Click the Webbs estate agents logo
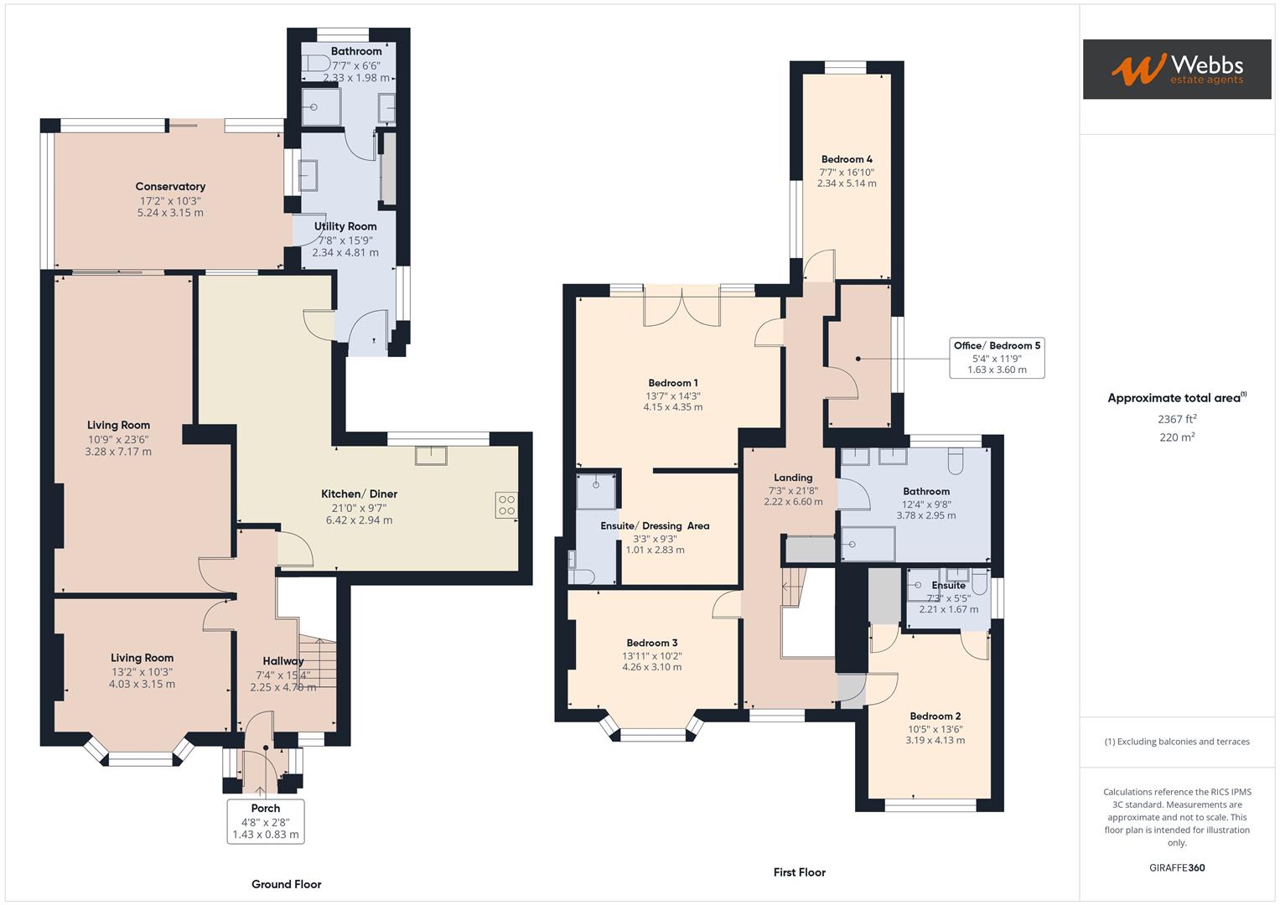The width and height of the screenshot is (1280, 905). (1176, 70)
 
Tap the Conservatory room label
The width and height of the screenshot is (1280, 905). (170, 187)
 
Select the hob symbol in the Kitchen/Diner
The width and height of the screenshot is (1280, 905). (506, 505)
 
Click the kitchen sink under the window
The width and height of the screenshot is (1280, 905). (431, 455)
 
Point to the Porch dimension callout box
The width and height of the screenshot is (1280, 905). (265, 821)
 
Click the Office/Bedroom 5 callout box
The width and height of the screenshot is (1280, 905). (997, 358)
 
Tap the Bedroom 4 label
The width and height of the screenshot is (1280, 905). (847, 159)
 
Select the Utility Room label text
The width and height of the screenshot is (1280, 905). (345, 226)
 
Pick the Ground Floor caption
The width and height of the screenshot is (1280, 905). (286, 884)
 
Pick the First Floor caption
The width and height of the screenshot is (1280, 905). (799, 872)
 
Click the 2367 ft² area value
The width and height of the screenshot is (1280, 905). (1176, 419)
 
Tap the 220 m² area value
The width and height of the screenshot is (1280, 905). (1176, 437)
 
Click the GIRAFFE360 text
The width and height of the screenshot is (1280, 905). (1176, 867)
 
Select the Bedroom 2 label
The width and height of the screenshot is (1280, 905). (935, 716)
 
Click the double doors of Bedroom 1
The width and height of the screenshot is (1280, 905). (681, 306)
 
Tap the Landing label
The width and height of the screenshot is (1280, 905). (792, 478)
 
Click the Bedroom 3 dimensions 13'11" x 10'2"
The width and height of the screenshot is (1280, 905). (651, 655)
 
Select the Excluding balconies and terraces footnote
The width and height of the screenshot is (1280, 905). (1176, 742)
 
